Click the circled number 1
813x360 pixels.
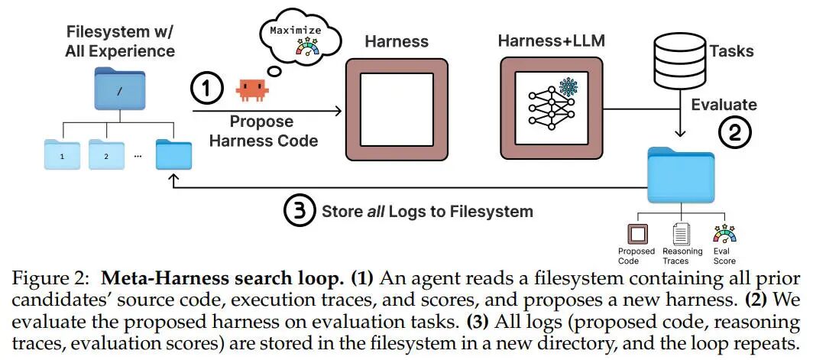point(206,89)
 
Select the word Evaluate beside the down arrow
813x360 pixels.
point(724,105)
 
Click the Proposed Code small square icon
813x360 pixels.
point(636,233)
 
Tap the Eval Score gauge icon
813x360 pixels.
point(724,232)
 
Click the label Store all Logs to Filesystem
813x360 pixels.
point(426,210)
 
